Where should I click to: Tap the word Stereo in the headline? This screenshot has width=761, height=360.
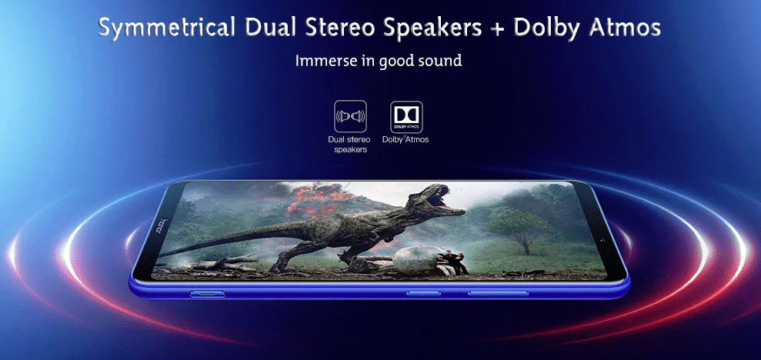click(x=341, y=28)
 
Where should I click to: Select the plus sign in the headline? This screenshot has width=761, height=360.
click(x=497, y=29)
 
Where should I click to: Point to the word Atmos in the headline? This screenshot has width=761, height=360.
click(x=625, y=28)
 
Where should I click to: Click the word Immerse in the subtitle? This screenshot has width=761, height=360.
click(x=322, y=61)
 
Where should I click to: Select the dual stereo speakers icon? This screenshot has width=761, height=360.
click(x=350, y=116)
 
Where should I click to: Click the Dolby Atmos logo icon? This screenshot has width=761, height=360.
click(x=406, y=116)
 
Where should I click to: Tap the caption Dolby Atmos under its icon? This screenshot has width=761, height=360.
click(x=406, y=140)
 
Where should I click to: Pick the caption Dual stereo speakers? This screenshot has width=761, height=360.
click(x=350, y=145)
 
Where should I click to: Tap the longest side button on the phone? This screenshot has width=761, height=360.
click(x=498, y=294)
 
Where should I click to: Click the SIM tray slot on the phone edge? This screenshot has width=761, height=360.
click(x=207, y=294)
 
